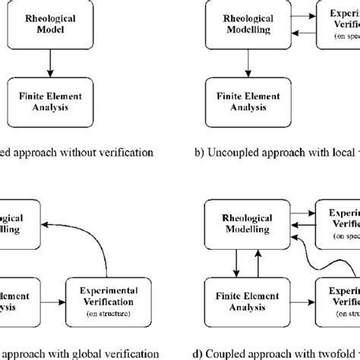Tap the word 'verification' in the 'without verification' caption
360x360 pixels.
(132, 152)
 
